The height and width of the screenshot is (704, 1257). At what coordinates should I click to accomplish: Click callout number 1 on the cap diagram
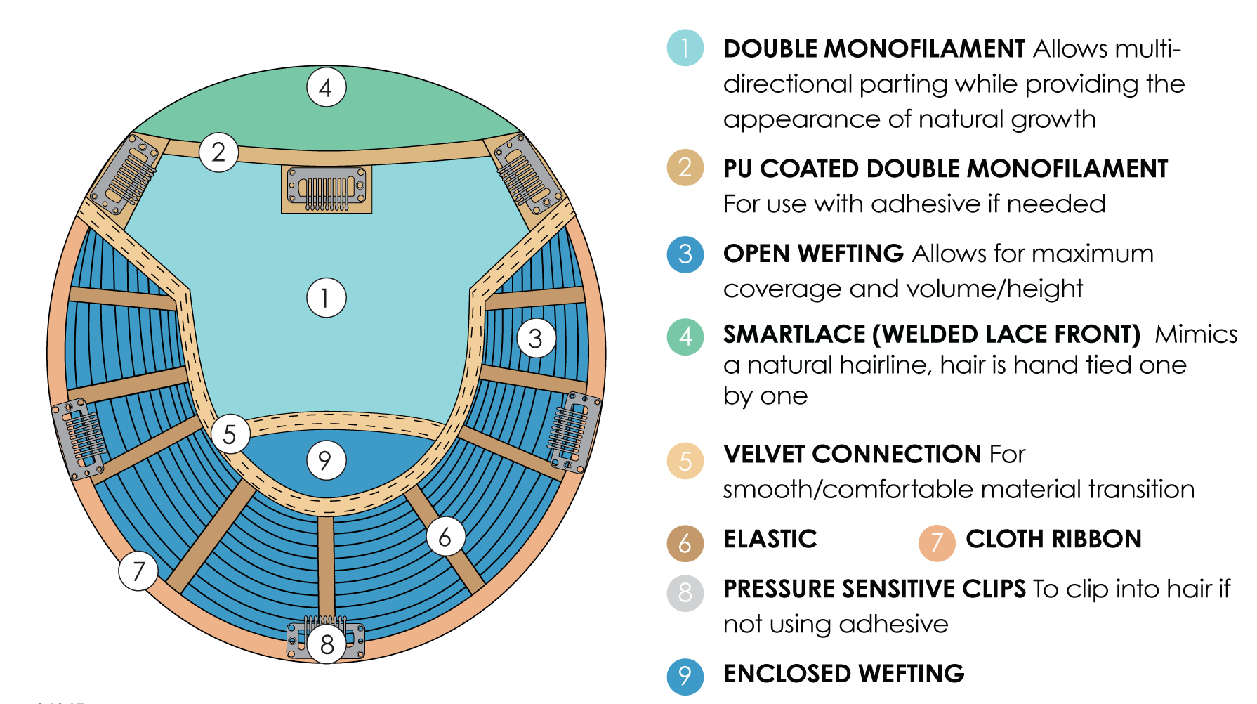click(x=327, y=298)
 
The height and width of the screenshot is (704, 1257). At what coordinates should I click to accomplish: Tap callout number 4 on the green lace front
click(x=327, y=87)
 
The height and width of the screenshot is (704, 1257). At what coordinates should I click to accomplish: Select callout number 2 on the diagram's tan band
click(x=218, y=152)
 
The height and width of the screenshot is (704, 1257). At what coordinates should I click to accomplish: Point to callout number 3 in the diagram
click(x=537, y=338)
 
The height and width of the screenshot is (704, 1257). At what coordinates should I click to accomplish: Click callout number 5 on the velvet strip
click(x=230, y=434)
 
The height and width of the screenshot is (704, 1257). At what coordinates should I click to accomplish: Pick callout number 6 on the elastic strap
click(x=445, y=537)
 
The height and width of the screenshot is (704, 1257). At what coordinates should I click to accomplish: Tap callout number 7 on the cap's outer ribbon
click(x=138, y=571)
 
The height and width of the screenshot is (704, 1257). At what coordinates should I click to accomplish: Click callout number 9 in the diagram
click(x=327, y=460)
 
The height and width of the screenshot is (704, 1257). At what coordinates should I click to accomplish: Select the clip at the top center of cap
click(x=327, y=189)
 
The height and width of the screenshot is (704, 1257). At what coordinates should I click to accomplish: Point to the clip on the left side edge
click(x=79, y=439)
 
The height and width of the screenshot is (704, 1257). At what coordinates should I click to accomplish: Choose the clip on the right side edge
click(x=575, y=431)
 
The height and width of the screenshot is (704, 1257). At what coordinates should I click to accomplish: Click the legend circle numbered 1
click(x=685, y=48)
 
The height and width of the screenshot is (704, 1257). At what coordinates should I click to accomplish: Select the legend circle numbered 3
click(x=685, y=254)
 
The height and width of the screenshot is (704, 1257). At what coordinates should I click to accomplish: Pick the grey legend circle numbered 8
click(x=685, y=593)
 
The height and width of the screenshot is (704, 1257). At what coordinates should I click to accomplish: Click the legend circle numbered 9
click(x=685, y=677)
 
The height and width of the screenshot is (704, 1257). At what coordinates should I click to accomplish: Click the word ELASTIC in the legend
click(x=770, y=540)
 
